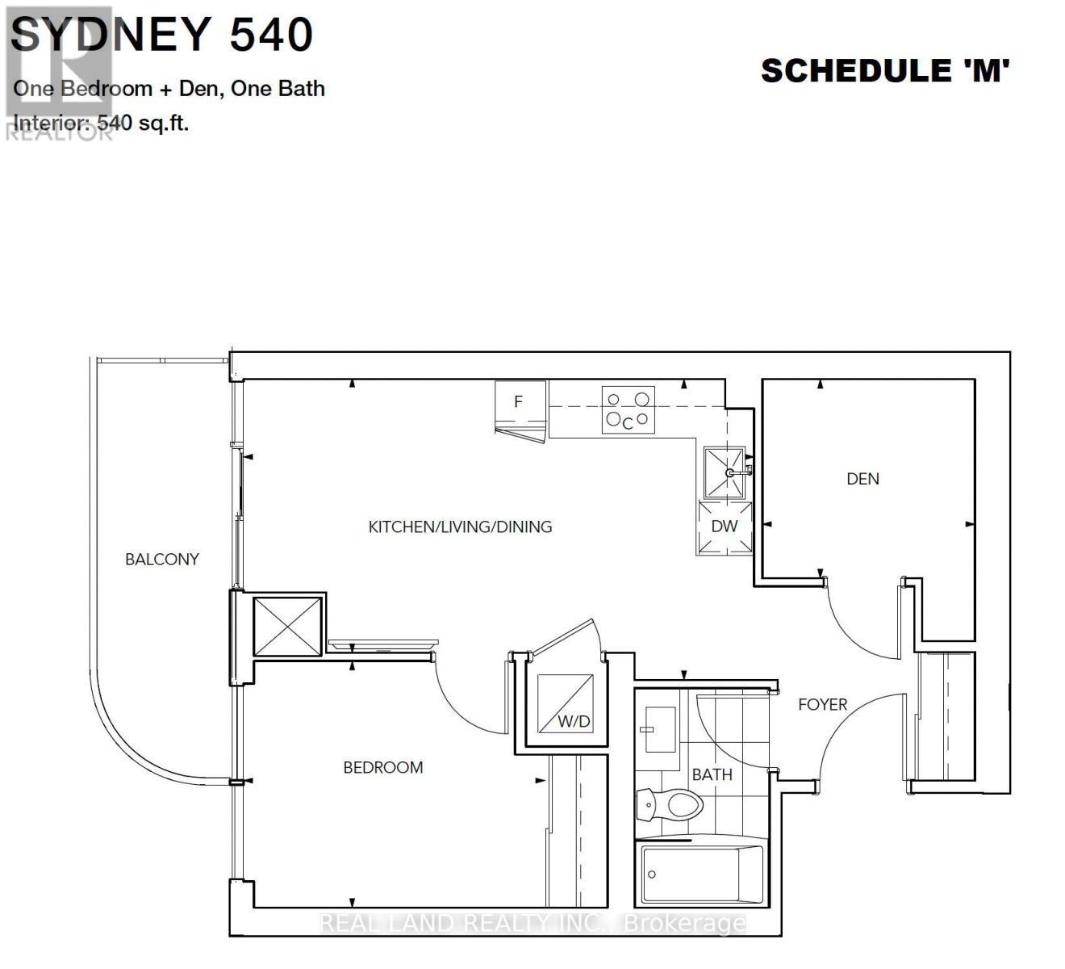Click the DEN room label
(862, 479)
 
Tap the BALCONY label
(161, 559)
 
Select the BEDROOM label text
(383, 767)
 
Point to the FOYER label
(822, 704)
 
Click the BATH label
(712, 774)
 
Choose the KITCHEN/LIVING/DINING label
(460, 526)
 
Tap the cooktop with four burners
(628, 410)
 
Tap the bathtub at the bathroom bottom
(701, 875)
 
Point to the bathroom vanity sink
(661, 728)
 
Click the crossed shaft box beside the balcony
(287, 626)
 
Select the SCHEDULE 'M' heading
(885, 71)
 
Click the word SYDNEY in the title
(111, 35)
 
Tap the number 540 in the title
(272, 35)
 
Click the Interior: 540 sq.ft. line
(102, 124)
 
